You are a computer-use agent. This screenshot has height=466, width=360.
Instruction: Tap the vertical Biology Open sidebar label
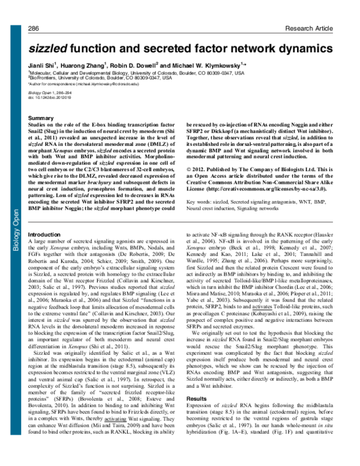pos(8,184)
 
